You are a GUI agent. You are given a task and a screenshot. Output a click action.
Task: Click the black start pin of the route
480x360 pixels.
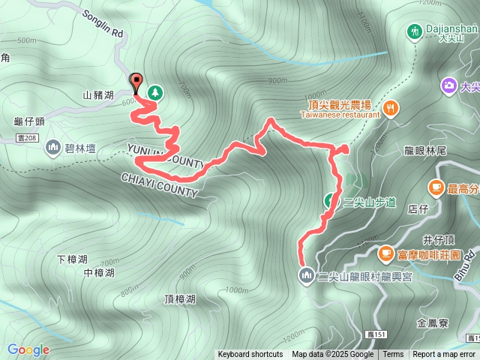coord(136,81)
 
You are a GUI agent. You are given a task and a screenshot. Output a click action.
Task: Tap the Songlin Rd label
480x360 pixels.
coord(102,24)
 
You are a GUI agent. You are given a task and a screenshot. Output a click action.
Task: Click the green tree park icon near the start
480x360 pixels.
coord(155,92)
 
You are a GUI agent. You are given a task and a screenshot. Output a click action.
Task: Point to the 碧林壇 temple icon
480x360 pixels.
coord(52,146)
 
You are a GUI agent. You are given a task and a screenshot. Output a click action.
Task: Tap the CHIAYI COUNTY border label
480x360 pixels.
coord(160,184)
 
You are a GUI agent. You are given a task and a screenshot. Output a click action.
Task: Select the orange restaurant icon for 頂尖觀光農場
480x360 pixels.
coord(391,109)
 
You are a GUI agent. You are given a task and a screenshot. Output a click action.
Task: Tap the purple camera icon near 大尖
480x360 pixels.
coord(449,85)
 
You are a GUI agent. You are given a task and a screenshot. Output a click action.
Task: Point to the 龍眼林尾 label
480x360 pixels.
coord(425,151)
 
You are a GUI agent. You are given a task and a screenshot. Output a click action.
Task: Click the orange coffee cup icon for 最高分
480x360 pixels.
coord(436,187)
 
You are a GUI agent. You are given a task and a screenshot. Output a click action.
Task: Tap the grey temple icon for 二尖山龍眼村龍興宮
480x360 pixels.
coord(306,275)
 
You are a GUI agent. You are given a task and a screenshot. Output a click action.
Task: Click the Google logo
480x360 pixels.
coord(28,349)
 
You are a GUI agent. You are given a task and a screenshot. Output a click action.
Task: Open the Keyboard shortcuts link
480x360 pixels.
coord(250,355)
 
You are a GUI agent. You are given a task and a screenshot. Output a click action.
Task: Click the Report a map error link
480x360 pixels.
coord(444,355)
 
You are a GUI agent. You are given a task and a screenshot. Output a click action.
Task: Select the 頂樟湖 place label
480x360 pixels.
coord(180,299)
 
